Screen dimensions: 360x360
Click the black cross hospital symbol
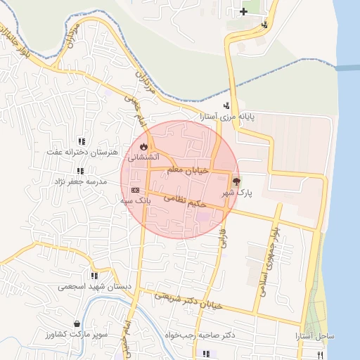243,11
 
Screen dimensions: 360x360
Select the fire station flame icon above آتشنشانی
144,146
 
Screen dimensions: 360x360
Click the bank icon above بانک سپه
135,190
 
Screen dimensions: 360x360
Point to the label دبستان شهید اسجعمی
86,286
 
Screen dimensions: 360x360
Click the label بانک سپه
135,200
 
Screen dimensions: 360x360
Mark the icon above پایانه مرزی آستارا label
226,105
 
